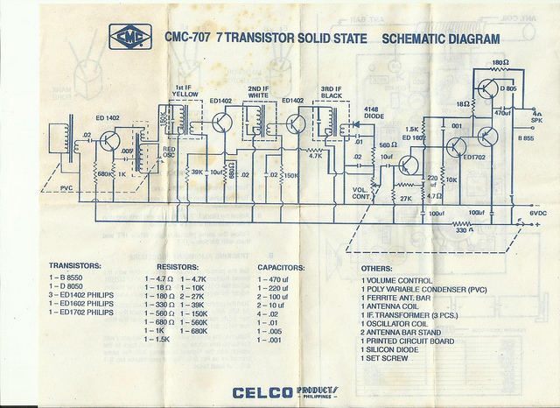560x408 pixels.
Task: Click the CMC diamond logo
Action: (x=128, y=37)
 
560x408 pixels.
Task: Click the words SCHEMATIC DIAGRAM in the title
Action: (x=441, y=39)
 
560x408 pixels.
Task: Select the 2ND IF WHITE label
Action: (x=258, y=92)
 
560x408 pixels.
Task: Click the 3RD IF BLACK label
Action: (x=331, y=92)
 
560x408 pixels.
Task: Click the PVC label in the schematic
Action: (x=66, y=187)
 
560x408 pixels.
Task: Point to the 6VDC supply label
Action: (x=538, y=213)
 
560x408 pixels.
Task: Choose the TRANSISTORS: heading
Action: (x=75, y=264)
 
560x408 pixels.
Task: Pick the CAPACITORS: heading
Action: (x=281, y=266)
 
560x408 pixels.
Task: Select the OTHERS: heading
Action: (x=377, y=269)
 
